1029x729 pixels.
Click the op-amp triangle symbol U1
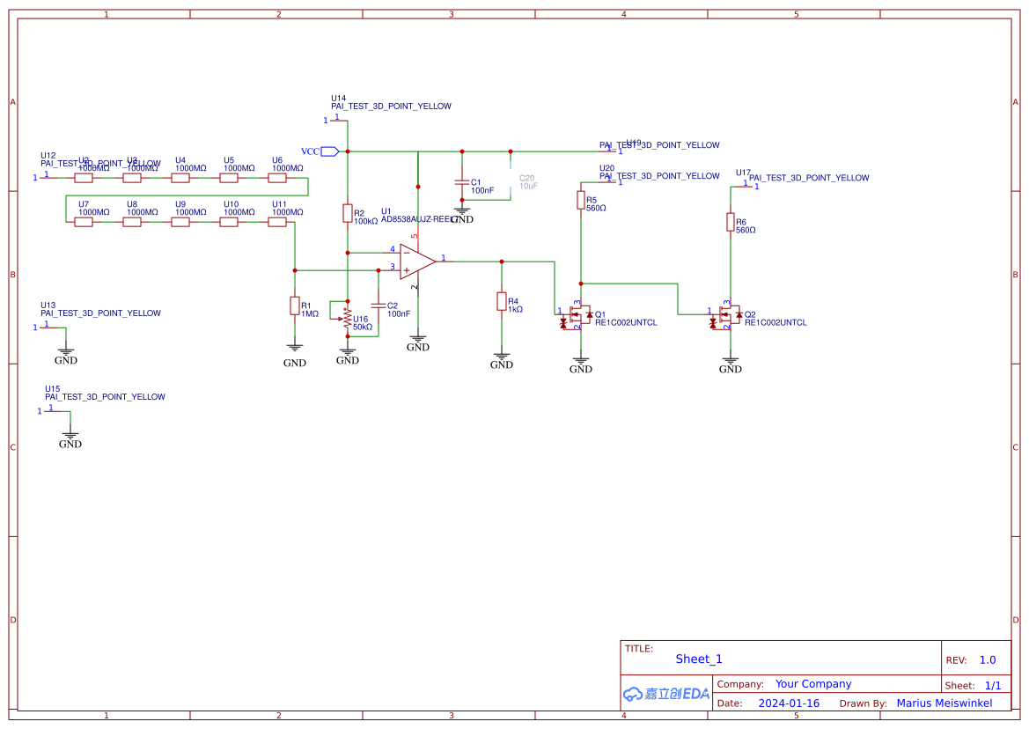pyautogui.click(x=416, y=261)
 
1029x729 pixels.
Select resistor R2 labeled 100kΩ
pyautogui.click(x=348, y=213)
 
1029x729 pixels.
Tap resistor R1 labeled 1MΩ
pyautogui.click(x=295, y=306)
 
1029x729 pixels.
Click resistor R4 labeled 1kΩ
pyautogui.click(x=502, y=302)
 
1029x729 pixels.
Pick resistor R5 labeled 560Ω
pyautogui.click(x=581, y=201)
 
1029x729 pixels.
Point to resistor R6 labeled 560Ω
pyautogui.click(x=731, y=222)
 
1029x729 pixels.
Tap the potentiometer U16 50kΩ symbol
pyautogui.click(x=348, y=318)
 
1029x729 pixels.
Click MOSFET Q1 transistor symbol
pyautogui.click(x=577, y=315)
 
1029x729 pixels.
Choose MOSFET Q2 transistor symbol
pyautogui.click(x=726, y=315)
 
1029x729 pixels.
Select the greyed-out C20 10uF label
pyautogui.click(x=526, y=182)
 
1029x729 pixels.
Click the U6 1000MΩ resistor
pyautogui.click(x=277, y=178)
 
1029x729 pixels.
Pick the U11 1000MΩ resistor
pyautogui.click(x=277, y=222)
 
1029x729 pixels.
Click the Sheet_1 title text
pyautogui.click(x=699, y=659)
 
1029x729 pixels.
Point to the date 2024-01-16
pyautogui.click(x=789, y=703)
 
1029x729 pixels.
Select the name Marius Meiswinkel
pyautogui.click(x=944, y=703)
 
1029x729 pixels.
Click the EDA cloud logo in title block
pyautogui.click(x=665, y=694)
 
